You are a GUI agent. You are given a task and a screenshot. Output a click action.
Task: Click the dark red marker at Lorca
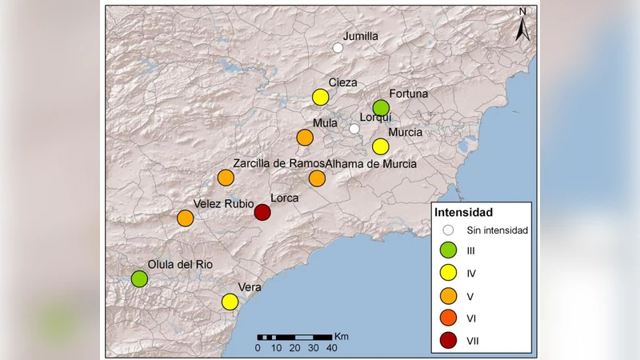[262, 212]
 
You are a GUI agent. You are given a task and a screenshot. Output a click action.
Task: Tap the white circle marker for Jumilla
[338, 48]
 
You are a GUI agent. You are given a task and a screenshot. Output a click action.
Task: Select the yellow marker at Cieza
[321, 98]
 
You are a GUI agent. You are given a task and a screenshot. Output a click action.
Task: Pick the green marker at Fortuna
[381, 108]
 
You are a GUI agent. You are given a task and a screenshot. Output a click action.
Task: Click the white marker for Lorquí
[354, 129]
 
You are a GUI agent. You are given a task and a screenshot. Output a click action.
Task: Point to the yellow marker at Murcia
[381, 146]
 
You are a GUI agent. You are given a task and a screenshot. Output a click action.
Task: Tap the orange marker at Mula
[305, 138]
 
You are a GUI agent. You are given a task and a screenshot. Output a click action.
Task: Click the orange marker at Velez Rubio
[186, 218]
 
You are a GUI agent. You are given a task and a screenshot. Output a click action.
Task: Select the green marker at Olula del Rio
[140, 279]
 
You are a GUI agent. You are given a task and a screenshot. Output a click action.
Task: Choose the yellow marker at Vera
[230, 302]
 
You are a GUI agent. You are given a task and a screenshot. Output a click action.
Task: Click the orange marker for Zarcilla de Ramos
[226, 178]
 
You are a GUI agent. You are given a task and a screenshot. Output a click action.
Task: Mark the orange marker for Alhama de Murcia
[318, 178]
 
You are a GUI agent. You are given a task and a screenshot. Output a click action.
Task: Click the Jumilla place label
[360, 37]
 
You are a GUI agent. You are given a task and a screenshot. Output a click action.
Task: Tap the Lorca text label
[286, 198]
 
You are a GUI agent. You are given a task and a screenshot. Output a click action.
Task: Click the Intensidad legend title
[463, 213]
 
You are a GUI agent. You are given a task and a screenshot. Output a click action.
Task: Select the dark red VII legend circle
[449, 342]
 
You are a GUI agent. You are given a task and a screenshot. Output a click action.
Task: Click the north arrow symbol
[522, 27]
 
